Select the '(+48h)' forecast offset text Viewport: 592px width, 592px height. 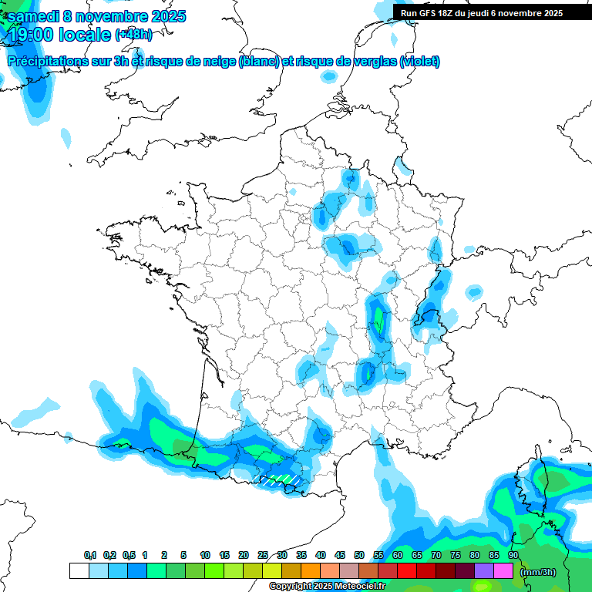[133, 34]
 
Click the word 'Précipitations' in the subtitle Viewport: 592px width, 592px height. [46, 62]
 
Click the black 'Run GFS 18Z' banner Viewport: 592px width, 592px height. [481, 12]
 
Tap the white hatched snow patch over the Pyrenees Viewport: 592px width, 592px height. [279, 479]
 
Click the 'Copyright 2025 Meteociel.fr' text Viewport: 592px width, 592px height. [328, 587]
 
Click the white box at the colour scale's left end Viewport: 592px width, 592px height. [79, 571]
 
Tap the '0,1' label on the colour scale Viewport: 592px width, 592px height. [90, 556]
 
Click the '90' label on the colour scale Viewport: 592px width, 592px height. [513, 556]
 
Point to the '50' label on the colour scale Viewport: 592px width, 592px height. [359, 556]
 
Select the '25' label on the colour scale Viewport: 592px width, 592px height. [263, 556]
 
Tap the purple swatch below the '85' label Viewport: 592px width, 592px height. [484, 571]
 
